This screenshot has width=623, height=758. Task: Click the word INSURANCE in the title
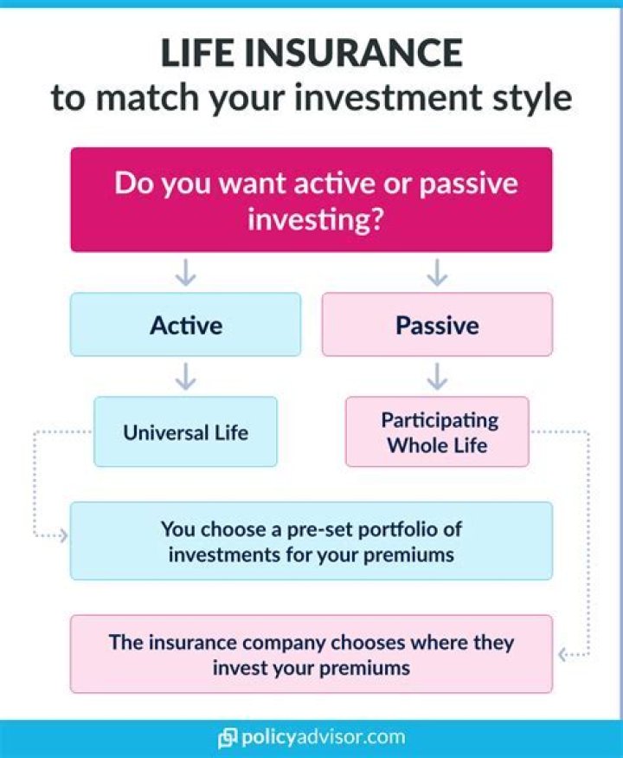[353, 52]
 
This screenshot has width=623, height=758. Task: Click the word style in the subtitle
[532, 99]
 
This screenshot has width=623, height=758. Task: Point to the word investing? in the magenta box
[315, 219]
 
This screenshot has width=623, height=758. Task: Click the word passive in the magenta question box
[468, 185]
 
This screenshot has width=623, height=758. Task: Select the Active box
[185, 324]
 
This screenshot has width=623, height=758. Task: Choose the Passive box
[437, 324]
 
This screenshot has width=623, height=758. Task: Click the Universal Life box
[185, 431]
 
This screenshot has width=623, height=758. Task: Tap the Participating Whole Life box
[437, 431]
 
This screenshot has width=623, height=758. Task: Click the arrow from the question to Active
[185, 273]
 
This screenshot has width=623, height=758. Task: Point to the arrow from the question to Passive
[437, 273]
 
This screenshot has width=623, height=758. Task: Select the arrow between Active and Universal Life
[185, 377]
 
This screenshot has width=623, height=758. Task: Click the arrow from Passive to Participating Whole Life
[437, 377]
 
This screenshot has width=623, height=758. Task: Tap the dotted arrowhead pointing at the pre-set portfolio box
[63, 535]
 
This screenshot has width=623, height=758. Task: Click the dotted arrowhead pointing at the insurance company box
[562, 655]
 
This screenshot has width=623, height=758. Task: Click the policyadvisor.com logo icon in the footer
[228, 738]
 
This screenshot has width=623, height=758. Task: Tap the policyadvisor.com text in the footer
[323, 738]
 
